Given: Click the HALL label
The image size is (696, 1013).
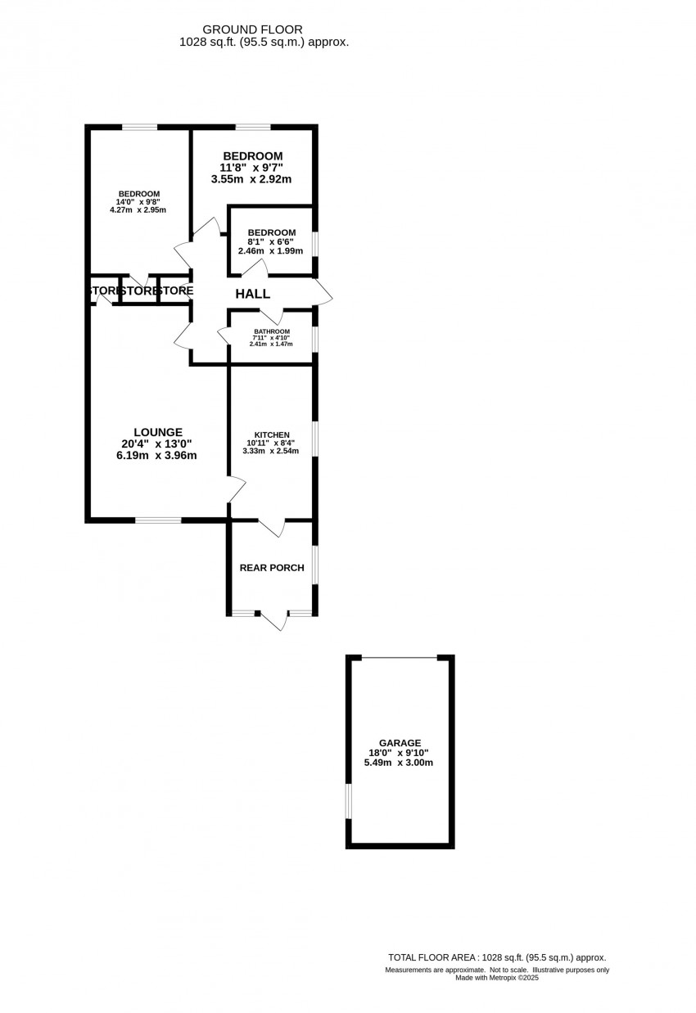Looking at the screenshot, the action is pyautogui.click(x=252, y=294).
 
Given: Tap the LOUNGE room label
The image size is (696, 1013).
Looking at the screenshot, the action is pyautogui.click(x=158, y=432).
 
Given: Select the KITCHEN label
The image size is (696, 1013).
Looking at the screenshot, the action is pyautogui.click(x=272, y=435).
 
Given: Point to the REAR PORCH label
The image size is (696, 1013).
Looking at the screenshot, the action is pyautogui.click(x=272, y=568).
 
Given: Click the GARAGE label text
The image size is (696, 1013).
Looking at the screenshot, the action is pyautogui.click(x=400, y=742).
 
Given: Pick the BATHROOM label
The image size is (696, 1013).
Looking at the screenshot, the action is pyautogui.click(x=272, y=331).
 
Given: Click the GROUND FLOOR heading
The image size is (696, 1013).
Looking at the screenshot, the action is pyautogui.click(x=252, y=29).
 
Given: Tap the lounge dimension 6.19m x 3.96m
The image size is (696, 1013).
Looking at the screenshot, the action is pyautogui.click(x=156, y=456).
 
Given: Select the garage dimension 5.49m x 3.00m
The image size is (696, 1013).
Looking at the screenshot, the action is pyautogui.click(x=399, y=763).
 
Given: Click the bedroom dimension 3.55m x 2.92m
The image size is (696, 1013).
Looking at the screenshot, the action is pyautogui.click(x=251, y=179).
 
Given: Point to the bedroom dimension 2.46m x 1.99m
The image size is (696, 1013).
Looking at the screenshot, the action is pyautogui.click(x=270, y=251).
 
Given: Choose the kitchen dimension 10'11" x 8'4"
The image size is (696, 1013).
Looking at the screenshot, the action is pyautogui.click(x=270, y=443).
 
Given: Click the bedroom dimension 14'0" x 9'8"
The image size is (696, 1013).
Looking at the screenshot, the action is pyautogui.click(x=138, y=202).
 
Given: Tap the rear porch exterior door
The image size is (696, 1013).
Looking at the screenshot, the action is pyautogui.click(x=273, y=620).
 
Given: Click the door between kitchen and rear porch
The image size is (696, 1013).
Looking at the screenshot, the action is pyautogui.click(x=272, y=527).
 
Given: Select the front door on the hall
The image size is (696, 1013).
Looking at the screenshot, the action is pyautogui.click(x=324, y=292).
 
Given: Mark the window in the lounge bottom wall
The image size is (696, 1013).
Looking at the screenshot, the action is pyautogui.click(x=158, y=520).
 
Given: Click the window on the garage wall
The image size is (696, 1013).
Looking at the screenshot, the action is pyautogui.click(x=349, y=801).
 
